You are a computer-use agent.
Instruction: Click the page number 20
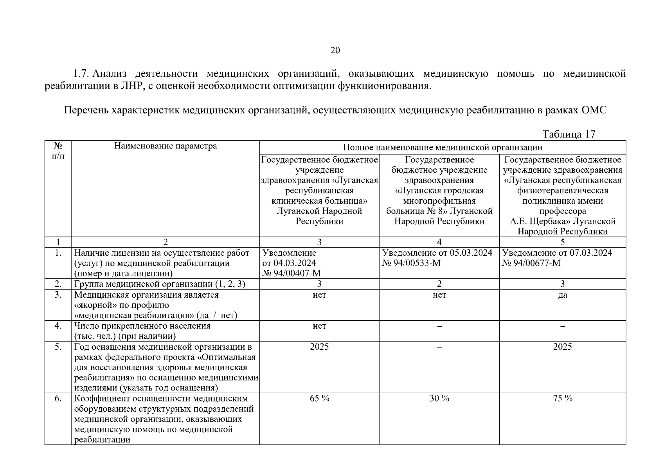[335, 50]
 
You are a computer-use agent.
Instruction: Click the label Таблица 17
[569, 134]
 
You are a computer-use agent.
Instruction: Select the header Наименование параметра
[166, 146]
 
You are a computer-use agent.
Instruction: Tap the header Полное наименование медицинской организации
[443, 147]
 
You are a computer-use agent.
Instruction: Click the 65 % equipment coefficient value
[319, 398]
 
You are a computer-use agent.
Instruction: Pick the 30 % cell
[439, 398]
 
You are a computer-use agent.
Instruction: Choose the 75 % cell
[563, 398]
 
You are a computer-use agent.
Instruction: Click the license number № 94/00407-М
[292, 273]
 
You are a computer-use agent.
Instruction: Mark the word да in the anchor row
[563, 295]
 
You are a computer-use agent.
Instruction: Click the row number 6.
[58, 398]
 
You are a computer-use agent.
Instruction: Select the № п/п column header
[58, 151]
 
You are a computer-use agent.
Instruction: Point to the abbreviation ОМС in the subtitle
[594, 110]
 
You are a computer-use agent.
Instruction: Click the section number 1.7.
[82, 74]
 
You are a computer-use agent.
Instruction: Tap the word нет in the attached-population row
[319, 326]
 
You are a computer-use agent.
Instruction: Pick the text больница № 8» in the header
[416, 211]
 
